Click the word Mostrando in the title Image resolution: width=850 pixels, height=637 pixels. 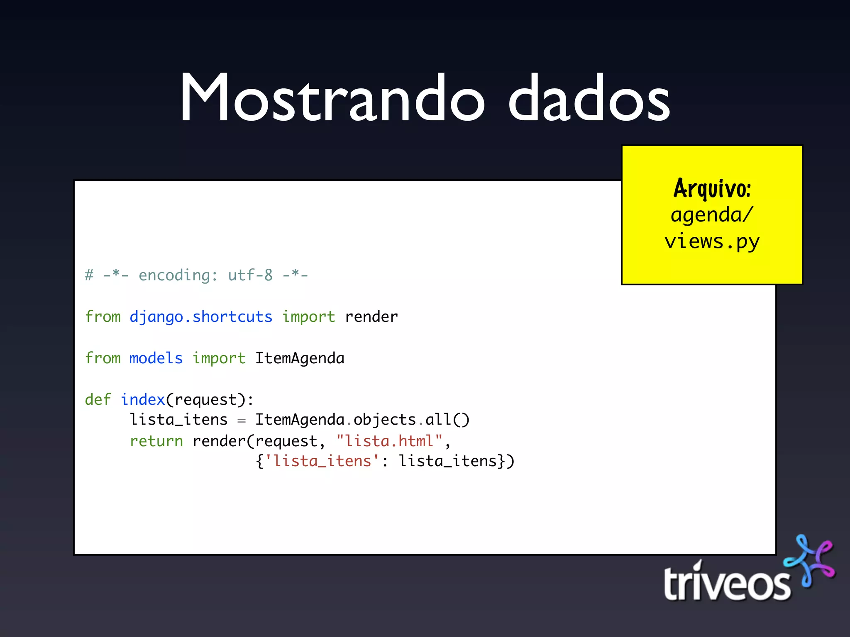pos(332,99)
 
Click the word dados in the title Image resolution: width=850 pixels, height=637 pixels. pos(589,99)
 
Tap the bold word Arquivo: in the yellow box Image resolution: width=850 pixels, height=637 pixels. pos(712,189)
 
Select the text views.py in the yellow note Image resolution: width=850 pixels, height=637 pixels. pos(712,242)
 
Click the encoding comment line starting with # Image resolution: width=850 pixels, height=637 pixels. pos(196,275)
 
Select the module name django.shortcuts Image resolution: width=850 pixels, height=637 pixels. pos(201,317)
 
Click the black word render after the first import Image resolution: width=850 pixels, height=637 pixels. pos(371,317)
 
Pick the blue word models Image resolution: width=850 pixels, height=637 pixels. pos(156,358)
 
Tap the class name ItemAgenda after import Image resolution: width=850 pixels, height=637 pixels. pos(300,358)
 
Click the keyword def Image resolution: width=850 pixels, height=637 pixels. pos(98,400)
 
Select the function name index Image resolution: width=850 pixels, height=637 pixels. pos(143,400)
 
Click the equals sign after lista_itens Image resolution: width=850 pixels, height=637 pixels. pos(242,421)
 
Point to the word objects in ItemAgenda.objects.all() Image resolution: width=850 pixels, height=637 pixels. pos(385,420)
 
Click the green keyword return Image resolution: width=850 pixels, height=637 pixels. pos(156,441)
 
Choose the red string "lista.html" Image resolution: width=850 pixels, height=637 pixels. pos(389,441)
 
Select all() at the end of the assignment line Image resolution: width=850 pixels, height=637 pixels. pos(447,420)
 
